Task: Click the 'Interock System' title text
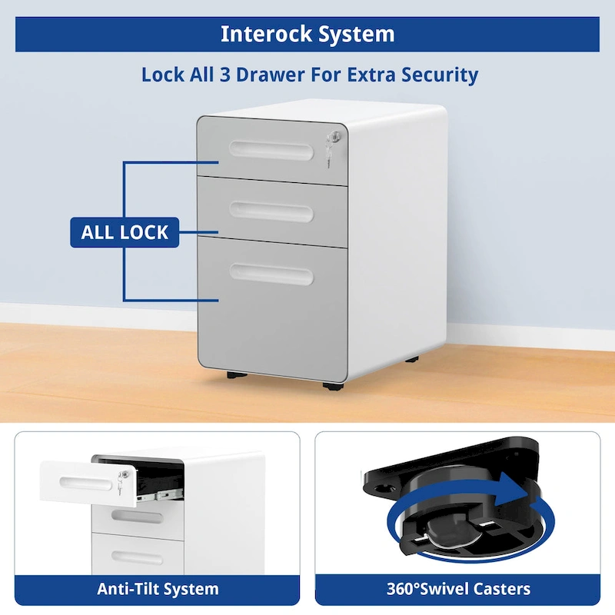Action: [x=307, y=34]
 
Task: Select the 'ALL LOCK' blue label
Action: [x=125, y=231]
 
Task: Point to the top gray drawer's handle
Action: [x=271, y=149]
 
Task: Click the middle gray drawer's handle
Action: [x=271, y=210]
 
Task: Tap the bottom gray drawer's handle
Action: [x=271, y=274]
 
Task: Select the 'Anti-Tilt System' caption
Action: [x=158, y=590]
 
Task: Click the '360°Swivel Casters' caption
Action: [x=458, y=590]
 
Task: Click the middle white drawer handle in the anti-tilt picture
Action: [x=137, y=516]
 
